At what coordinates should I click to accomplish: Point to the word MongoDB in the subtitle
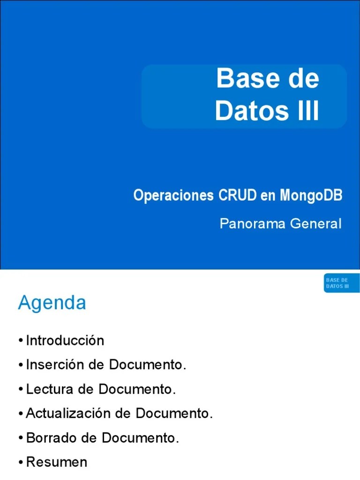pos(311,195)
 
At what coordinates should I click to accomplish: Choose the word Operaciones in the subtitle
pos(173,195)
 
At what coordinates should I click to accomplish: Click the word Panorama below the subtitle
pos(253,224)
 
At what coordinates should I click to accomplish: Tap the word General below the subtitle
pos(316,224)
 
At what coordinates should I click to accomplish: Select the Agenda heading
pos(52,303)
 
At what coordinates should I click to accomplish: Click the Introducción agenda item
pos(65,340)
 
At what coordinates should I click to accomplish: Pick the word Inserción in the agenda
pos(55,365)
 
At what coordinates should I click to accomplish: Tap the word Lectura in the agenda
pos(50,389)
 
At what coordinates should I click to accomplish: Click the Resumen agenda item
pos(57,462)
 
